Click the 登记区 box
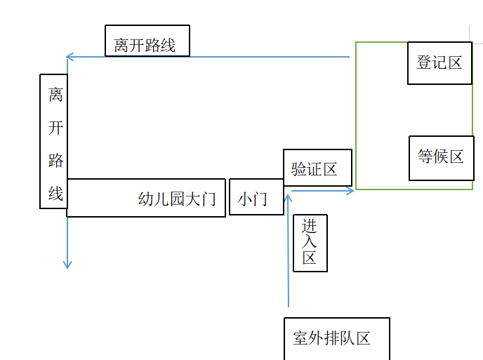[439, 63]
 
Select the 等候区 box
[441, 157]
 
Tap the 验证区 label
[315, 169]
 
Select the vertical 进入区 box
[310, 242]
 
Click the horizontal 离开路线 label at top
[147, 46]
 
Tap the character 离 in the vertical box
[55, 94]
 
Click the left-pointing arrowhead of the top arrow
[69, 57]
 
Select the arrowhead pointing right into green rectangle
[350, 190]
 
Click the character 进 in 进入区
[310, 226]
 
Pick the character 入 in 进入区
[310, 241]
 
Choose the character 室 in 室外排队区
[300, 338]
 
